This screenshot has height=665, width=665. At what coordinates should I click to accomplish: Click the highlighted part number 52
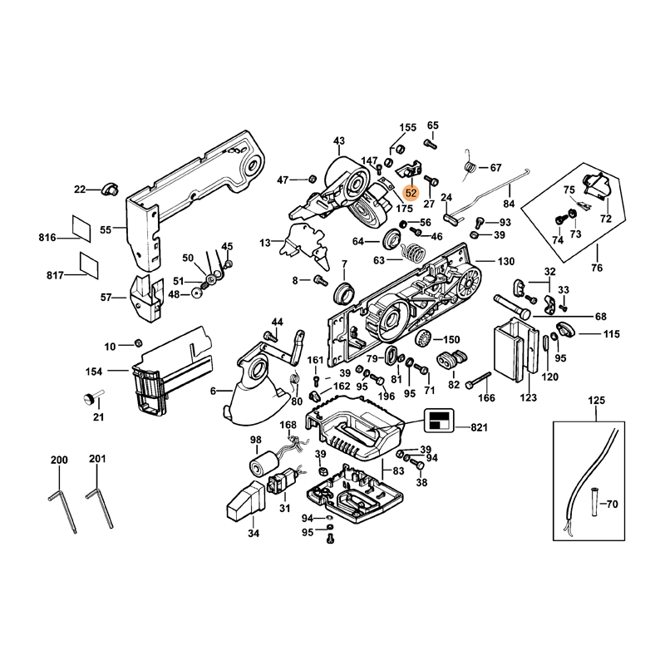tap(411, 192)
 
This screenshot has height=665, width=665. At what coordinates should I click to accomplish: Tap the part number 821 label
tap(478, 427)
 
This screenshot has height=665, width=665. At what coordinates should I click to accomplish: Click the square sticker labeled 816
tap(84, 227)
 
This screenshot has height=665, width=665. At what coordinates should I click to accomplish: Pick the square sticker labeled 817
tap(88, 261)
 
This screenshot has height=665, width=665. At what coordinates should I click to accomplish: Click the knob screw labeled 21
tap(87, 398)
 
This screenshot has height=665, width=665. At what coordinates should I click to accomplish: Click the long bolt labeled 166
tap(479, 382)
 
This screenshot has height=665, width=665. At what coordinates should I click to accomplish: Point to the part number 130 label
tap(506, 261)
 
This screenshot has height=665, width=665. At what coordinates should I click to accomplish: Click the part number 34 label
tap(253, 533)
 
